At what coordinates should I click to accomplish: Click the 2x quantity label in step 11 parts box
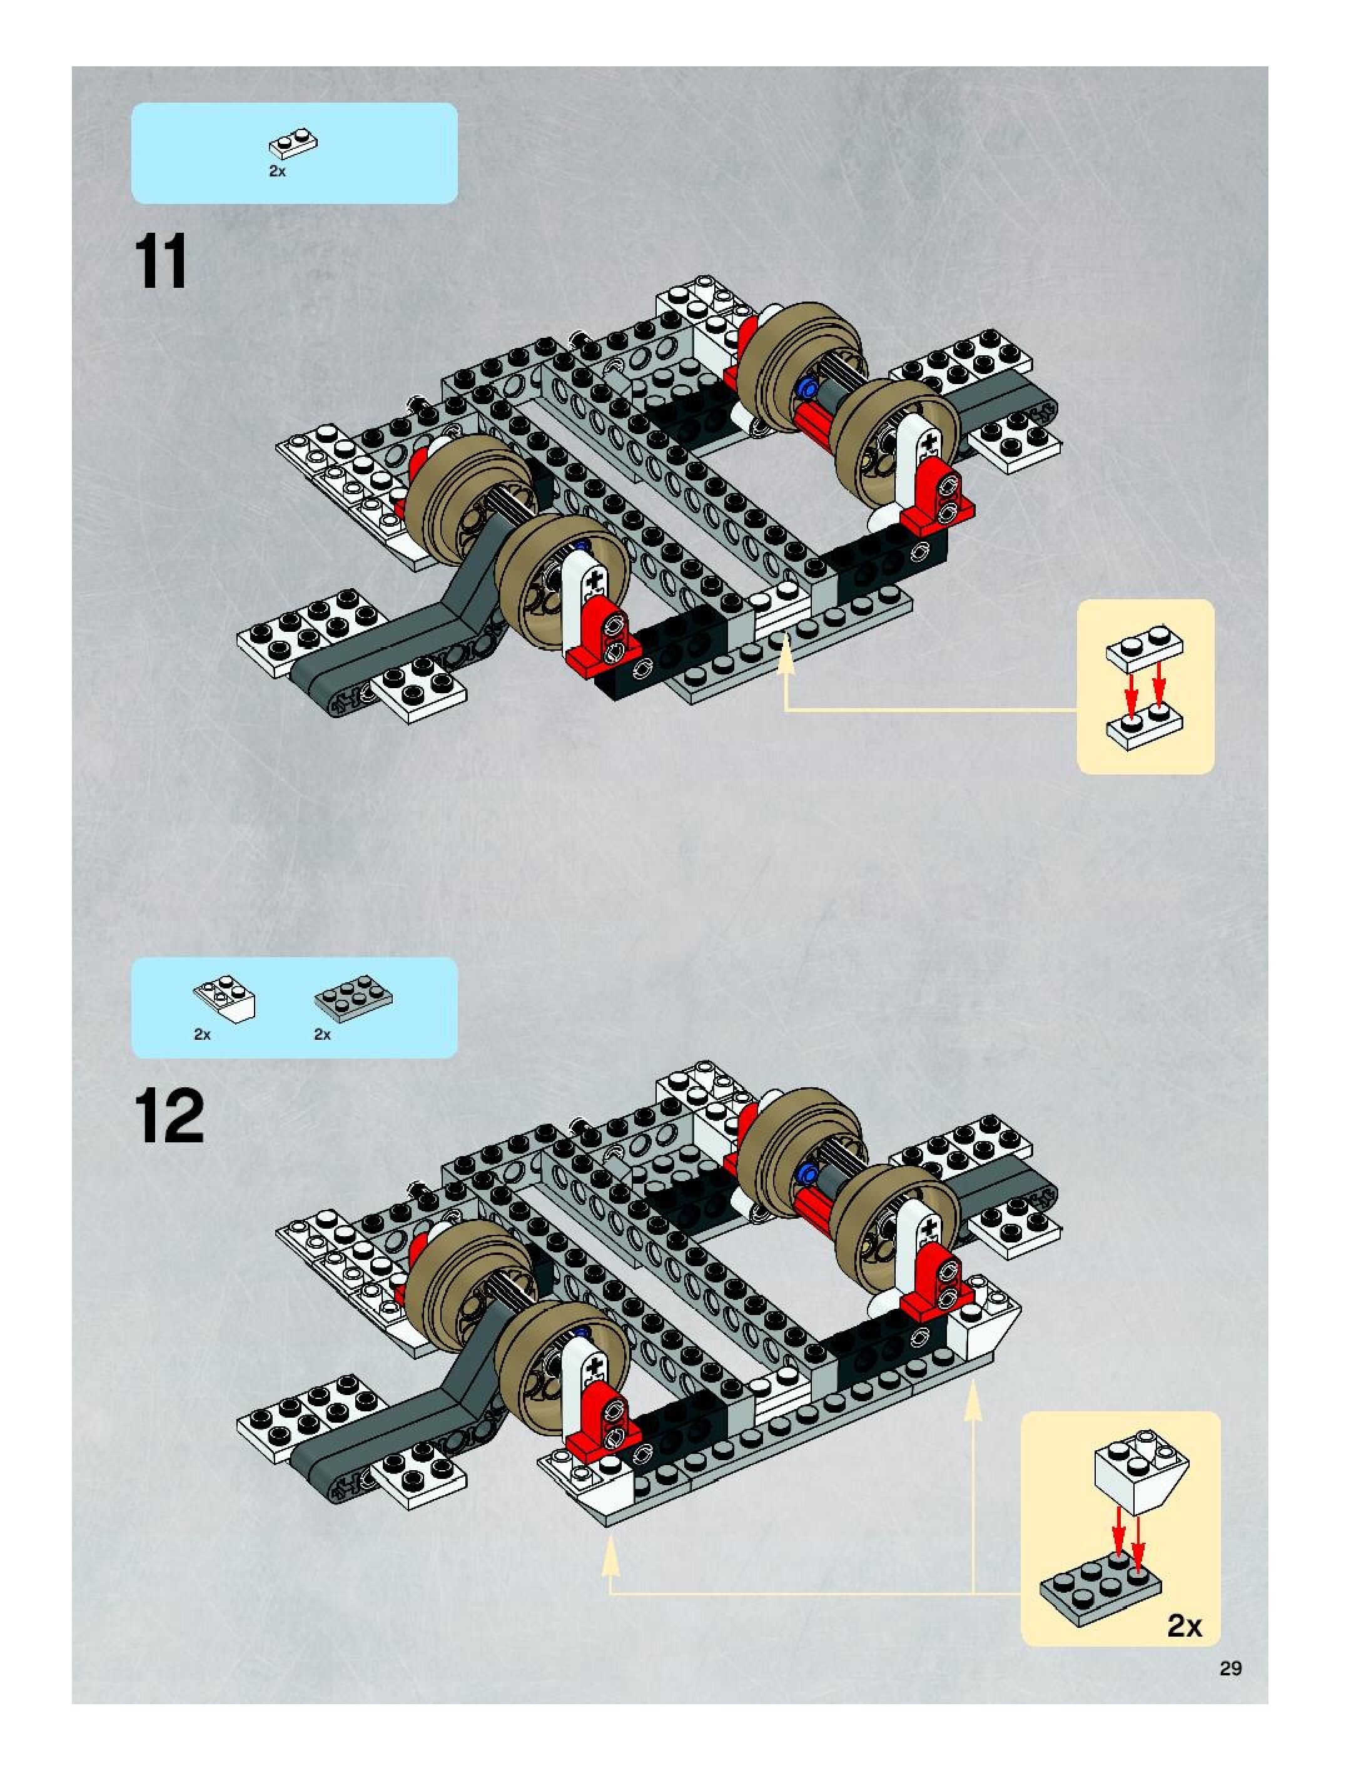(277, 171)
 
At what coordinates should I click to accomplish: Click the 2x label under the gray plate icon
(322, 1035)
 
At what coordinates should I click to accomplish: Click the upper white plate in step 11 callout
(1145, 649)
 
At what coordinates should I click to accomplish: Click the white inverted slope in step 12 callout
(1141, 1471)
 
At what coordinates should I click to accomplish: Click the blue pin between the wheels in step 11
(807, 390)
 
